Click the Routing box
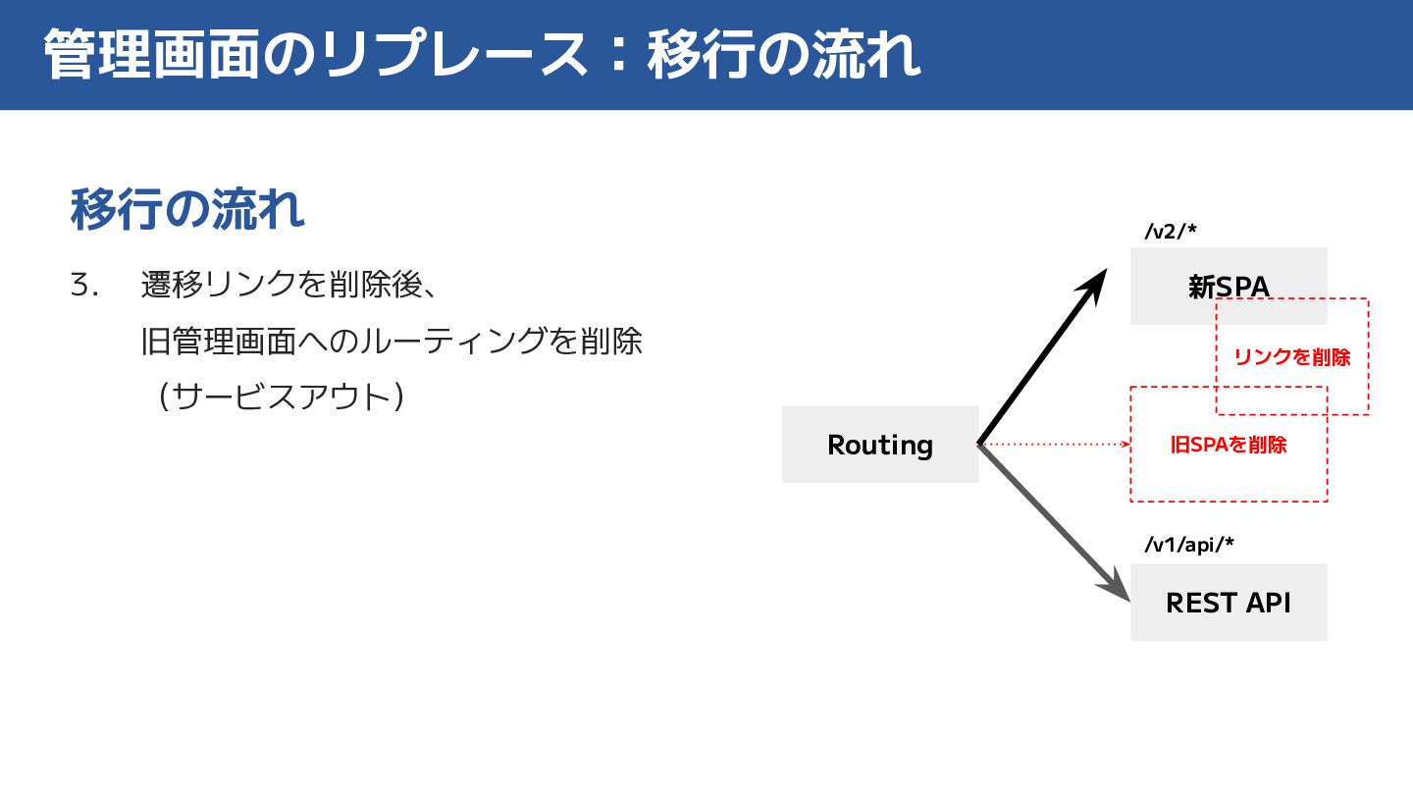880,445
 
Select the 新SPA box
1229,286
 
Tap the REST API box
1229,602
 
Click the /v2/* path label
1171,232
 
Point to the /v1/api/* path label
1188,545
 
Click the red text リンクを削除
1291,357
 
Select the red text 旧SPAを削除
1229,445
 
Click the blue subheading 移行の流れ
187,209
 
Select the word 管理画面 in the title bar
152,55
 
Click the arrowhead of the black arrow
1094,284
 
